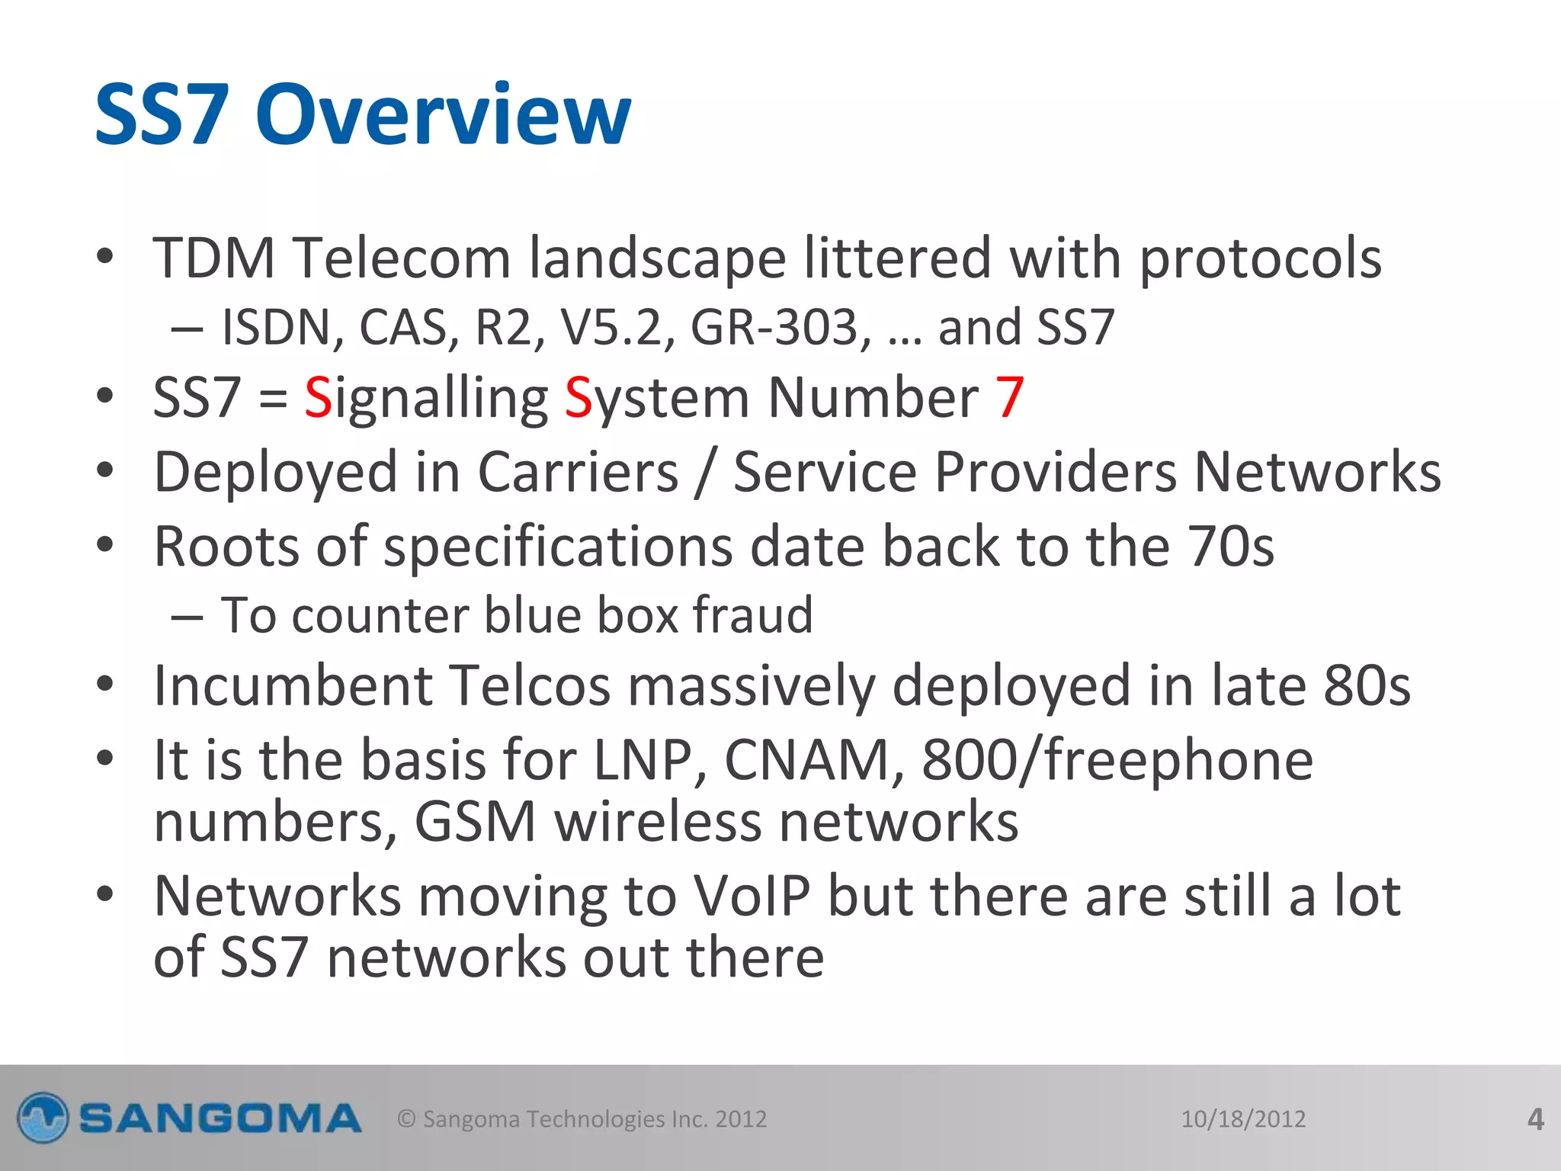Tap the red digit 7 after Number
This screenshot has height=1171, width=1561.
[x=1009, y=398]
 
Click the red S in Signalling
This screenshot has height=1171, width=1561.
[x=318, y=398]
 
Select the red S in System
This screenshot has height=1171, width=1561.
[x=578, y=398]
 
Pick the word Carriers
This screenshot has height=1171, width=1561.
[x=578, y=472]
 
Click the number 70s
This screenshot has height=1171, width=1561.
[x=1230, y=547]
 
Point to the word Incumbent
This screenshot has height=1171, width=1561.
[x=293, y=685]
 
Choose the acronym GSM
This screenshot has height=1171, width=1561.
[x=476, y=822]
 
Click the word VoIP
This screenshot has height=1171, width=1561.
[x=751, y=896]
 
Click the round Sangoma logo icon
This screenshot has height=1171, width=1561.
[x=43, y=1118]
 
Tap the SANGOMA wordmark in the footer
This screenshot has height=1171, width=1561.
[x=220, y=1119]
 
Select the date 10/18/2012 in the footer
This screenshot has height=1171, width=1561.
[x=1243, y=1119]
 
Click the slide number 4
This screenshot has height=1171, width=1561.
[x=1535, y=1119]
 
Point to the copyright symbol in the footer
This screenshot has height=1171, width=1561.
[x=406, y=1119]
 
